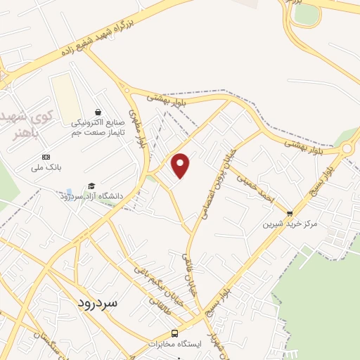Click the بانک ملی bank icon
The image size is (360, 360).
click(46, 156)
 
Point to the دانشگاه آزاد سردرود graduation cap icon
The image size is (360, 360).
click(91, 186)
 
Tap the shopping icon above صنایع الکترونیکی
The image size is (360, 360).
click(98, 112)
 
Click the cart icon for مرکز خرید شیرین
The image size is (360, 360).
click(290, 213)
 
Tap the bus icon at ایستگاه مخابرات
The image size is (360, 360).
click(175, 333)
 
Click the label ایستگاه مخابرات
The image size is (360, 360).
click(175, 344)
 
